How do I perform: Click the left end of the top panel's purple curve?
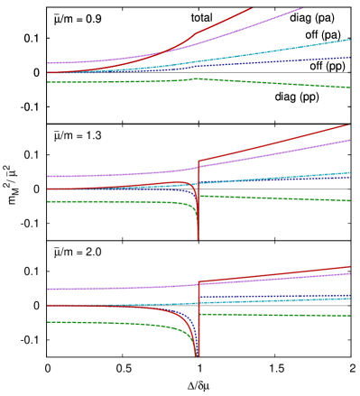[48, 63]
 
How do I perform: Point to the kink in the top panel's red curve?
[196, 33]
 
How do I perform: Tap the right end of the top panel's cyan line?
[350, 40]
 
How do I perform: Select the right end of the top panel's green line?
[350, 87]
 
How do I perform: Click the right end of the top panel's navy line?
[350, 58]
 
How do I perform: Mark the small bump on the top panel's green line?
[198, 78]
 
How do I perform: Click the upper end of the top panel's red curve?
[253, 7]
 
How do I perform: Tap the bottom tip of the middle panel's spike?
[198, 238]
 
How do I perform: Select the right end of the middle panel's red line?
[349, 125]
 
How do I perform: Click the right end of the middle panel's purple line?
[349, 140]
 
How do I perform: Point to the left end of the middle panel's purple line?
[48, 176]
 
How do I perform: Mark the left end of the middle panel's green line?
[48, 201]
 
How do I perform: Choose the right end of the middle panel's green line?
[350, 200]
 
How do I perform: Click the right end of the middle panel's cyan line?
[350, 172]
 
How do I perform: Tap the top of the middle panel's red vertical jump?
[198, 161]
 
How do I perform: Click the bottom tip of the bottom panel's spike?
[197, 355]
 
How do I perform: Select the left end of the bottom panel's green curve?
[48, 321]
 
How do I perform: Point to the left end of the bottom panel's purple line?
[48, 289]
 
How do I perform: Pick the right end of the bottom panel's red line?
[350, 267]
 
